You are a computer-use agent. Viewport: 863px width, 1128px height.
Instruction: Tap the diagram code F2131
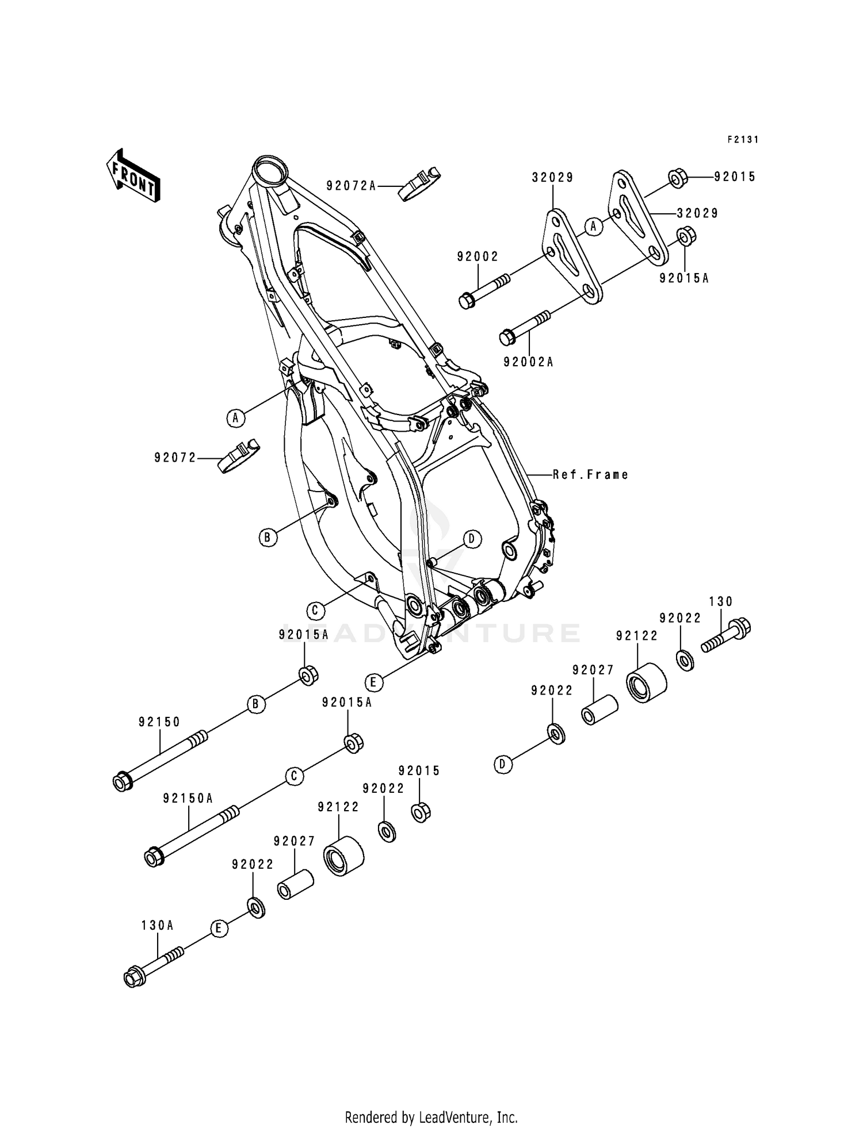[743, 140]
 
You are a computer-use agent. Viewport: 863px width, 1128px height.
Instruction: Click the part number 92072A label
[351, 186]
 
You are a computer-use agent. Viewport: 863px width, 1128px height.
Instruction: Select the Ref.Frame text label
[590, 475]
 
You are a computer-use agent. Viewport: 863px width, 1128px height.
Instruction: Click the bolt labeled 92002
[483, 290]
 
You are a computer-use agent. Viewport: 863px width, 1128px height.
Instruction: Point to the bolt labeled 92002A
[524, 327]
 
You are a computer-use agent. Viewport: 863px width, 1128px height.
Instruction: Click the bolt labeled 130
[728, 634]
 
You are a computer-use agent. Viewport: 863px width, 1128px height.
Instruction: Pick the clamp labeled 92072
[238, 456]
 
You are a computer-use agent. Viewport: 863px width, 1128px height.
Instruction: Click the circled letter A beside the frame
[235, 418]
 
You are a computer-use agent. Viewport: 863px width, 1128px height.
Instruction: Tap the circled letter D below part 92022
[503, 765]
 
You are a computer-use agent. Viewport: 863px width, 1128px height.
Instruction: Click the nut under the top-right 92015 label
[678, 178]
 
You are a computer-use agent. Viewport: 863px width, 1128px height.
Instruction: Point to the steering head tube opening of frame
[270, 170]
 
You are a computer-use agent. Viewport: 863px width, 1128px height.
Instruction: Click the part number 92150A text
[188, 799]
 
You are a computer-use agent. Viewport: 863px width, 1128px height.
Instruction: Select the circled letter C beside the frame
[315, 610]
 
